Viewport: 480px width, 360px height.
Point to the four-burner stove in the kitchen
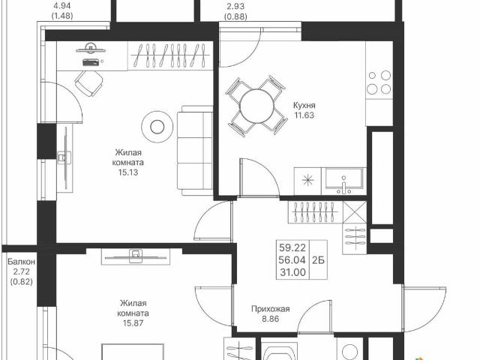pyautogui.click(x=379, y=82)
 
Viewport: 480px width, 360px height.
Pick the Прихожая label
pyautogui.click(x=270, y=308)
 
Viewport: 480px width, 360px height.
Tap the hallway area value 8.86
pyautogui.click(x=270, y=319)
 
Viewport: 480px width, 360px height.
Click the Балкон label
pyautogui.click(x=21, y=262)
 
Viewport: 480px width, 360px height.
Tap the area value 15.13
pyautogui.click(x=128, y=172)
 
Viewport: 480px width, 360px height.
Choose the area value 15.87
pyautogui.click(x=133, y=324)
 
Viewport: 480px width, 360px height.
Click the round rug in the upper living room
pyautogui.click(x=157, y=125)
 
